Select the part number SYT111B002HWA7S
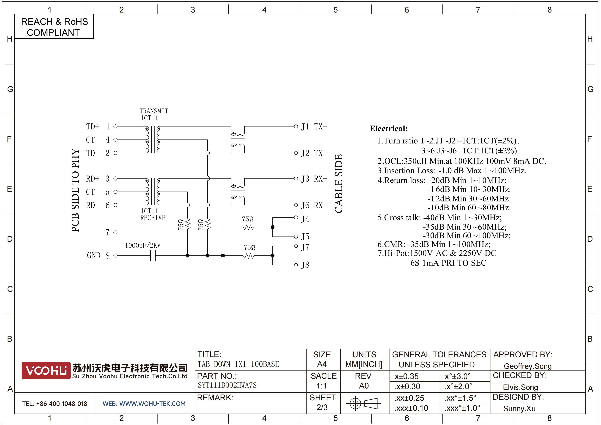tap(227, 385)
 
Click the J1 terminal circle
tap(296, 127)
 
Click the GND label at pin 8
tap(93, 255)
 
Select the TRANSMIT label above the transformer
tap(154, 111)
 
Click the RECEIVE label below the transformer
tap(153, 218)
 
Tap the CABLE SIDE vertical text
tap(339, 184)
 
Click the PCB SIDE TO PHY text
tap(75, 190)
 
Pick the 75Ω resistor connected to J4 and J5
tap(248, 227)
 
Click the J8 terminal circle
tap(296, 265)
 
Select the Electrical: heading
tap(389, 129)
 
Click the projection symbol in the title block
tap(363, 403)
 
